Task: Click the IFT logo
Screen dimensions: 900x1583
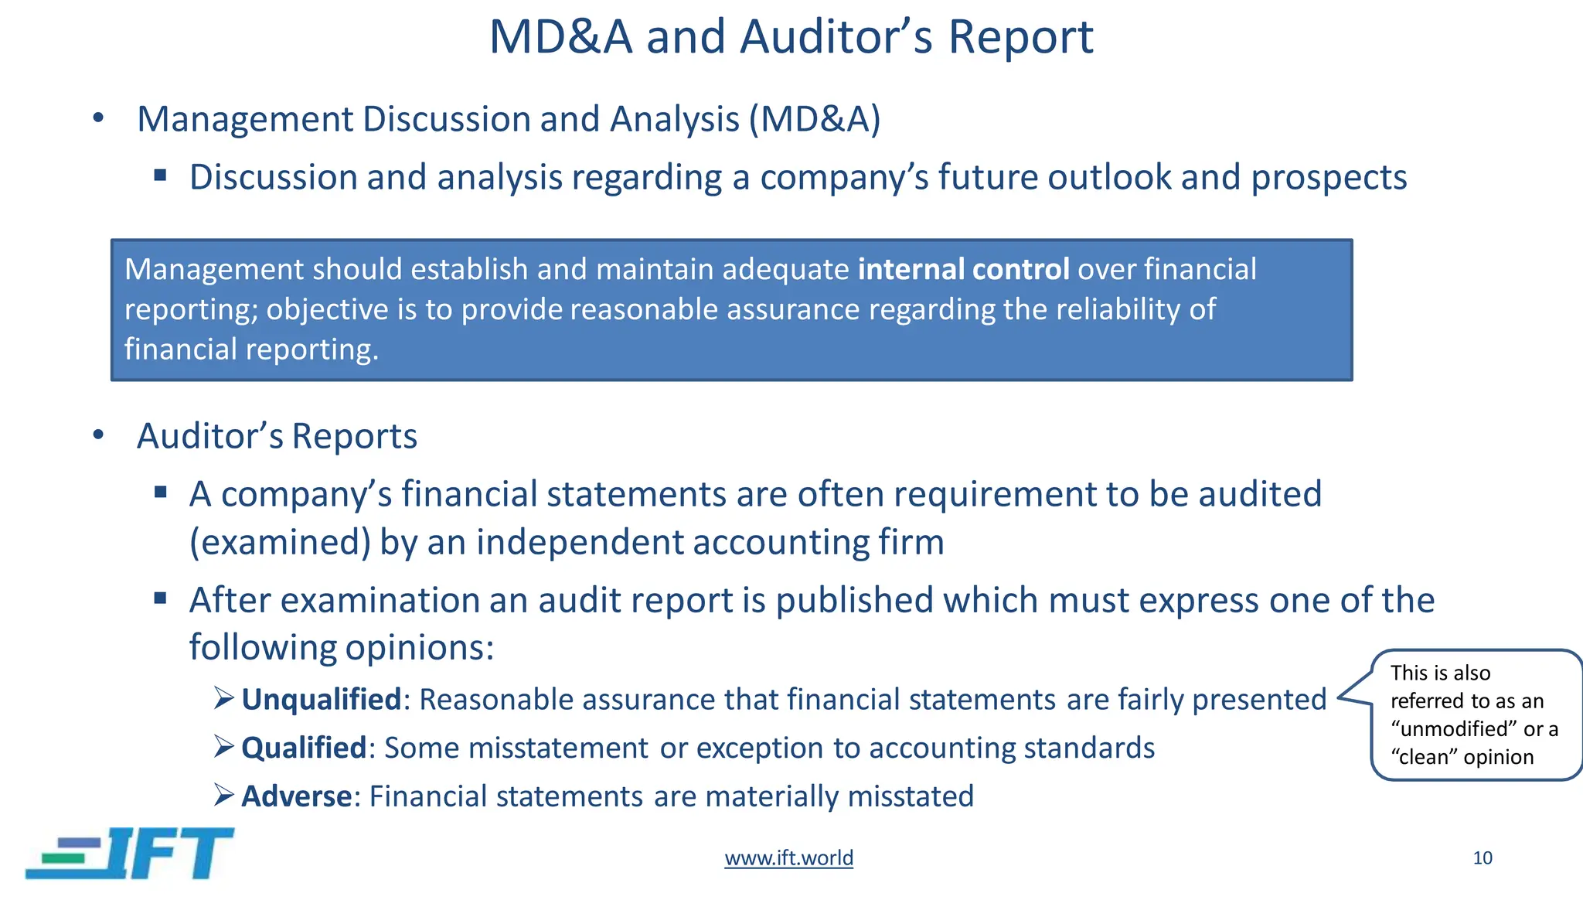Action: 130,854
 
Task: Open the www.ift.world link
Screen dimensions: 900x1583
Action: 788,858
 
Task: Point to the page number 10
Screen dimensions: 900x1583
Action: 1482,858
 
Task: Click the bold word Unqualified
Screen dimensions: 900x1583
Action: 321,700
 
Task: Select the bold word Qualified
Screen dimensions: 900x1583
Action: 303,748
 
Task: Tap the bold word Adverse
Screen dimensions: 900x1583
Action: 296,796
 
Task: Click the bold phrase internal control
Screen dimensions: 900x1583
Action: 963,270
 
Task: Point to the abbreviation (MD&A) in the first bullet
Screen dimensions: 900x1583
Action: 814,120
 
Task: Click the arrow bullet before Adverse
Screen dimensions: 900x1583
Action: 223,795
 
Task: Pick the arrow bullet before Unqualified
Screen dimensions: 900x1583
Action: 223,699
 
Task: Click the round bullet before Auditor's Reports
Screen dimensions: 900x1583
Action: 98,435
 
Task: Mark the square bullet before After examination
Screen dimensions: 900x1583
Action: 160,598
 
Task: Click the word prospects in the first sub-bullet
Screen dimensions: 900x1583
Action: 1329,178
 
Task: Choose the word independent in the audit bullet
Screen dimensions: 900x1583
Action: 580,542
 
